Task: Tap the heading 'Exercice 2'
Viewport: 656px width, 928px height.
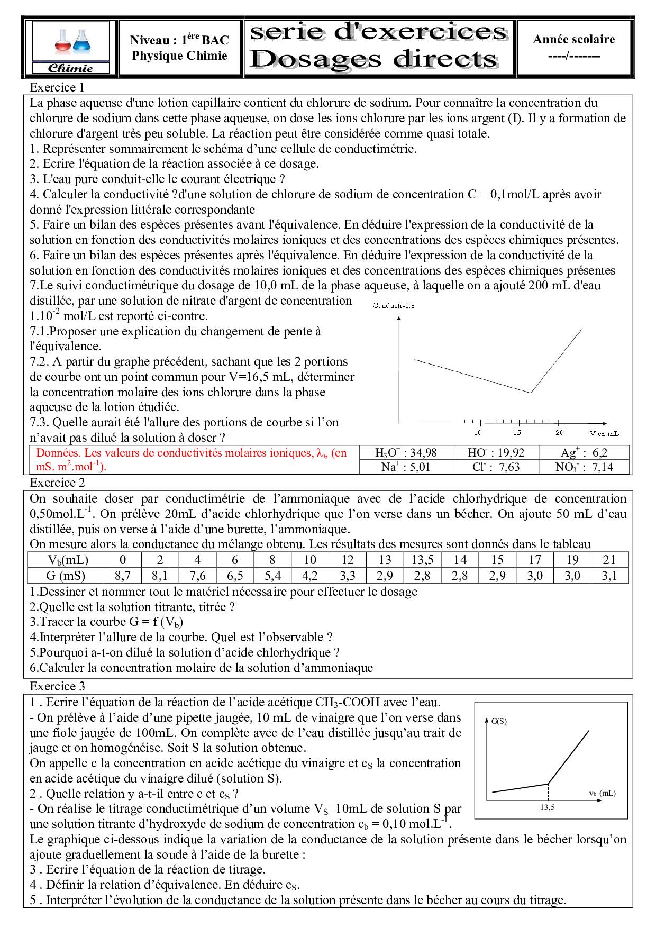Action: [x=57, y=483]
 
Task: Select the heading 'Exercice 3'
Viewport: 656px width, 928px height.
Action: [x=57, y=686]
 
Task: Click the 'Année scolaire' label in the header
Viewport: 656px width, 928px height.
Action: [x=574, y=39]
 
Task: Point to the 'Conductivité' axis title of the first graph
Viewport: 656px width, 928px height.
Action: [x=393, y=305]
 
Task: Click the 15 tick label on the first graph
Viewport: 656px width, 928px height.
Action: [x=517, y=433]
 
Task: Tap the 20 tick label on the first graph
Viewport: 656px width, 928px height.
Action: [x=559, y=433]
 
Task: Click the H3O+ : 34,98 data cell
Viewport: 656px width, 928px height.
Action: [x=406, y=452]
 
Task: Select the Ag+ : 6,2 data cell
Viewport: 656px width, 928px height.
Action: [x=584, y=452]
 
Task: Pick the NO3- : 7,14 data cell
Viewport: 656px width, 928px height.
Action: [x=584, y=467]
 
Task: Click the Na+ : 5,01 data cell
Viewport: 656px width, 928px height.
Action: [x=406, y=467]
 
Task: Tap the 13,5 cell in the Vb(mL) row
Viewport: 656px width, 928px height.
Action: [x=423, y=560]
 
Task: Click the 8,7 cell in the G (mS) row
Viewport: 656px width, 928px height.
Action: [x=123, y=576]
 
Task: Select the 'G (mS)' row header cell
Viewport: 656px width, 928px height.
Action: [x=66, y=576]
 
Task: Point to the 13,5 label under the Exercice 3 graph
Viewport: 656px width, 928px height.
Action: [x=548, y=808]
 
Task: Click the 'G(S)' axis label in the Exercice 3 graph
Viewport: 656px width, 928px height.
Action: [x=499, y=721]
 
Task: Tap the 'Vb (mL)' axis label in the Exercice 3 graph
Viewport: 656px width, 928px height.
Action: [x=602, y=793]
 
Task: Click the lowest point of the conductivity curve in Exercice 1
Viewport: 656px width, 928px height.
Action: [x=531, y=393]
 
